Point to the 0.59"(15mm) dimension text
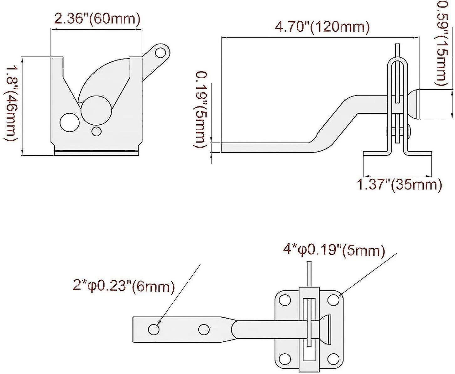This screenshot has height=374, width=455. point(440,43)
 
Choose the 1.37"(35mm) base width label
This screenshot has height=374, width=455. point(400,185)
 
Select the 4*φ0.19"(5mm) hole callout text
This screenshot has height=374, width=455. point(333,251)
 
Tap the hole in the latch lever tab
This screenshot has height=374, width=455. point(160,53)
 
